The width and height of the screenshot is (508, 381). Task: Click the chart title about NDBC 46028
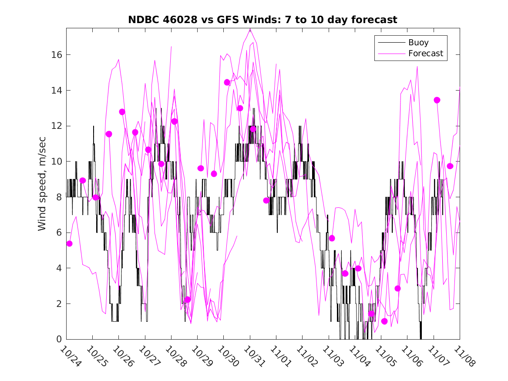(x=262, y=20)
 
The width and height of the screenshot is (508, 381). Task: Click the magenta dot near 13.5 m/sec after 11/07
(x=437, y=100)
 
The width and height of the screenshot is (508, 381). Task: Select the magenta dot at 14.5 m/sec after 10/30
(x=227, y=82)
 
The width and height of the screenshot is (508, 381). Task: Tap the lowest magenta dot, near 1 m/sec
(x=384, y=321)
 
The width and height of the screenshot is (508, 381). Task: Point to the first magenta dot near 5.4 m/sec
(x=69, y=243)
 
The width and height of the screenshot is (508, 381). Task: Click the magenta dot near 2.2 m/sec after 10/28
(x=188, y=300)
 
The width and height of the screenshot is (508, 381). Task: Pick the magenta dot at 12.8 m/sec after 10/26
(x=122, y=112)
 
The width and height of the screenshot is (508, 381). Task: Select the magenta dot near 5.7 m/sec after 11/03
(x=332, y=238)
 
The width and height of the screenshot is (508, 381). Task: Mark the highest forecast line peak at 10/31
(x=250, y=29)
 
